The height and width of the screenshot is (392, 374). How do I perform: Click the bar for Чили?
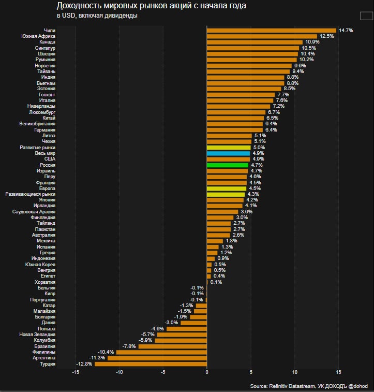(x=271, y=31)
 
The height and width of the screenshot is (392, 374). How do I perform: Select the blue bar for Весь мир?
(x=228, y=153)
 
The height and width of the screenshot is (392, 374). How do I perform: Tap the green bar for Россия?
(x=227, y=165)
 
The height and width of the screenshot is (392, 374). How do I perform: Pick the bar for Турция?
(x=151, y=364)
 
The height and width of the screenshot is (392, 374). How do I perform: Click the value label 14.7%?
(x=346, y=31)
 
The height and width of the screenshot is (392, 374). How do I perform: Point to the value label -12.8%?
(x=84, y=364)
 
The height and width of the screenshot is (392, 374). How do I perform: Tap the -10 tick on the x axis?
(x=119, y=372)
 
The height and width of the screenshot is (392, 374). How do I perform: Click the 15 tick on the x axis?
(x=339, y=372)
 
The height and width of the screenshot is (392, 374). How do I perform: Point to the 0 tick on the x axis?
(x=207, y=372)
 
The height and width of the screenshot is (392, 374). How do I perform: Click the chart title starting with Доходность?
(x=151, y=6)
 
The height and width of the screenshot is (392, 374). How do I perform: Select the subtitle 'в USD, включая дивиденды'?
(x=97, y=16)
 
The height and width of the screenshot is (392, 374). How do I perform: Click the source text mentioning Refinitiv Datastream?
(x=308, y=386)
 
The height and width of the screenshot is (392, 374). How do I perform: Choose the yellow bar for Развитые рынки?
(x=229, y=148)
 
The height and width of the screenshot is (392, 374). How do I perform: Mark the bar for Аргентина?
(x=157, y=358)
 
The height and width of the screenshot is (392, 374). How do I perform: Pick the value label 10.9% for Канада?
(x=312, y=42)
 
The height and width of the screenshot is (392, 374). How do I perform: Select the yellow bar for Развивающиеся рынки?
(x=226, y=194)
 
